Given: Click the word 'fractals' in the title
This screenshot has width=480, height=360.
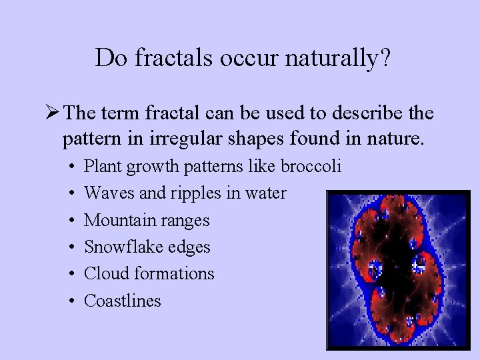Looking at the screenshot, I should click(x=169, y=58).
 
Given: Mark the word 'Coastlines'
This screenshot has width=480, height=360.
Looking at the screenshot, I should click(x=123, y=300).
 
